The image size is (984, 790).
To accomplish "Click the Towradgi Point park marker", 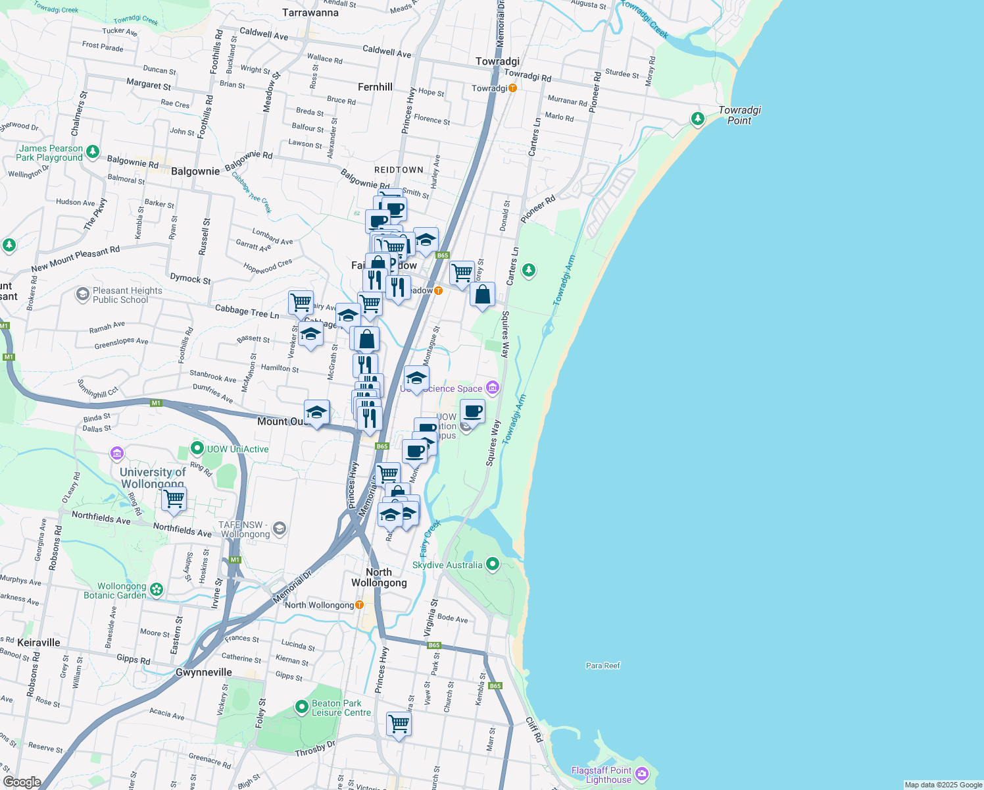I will point(697,118).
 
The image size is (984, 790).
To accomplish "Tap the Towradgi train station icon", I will point(512,88).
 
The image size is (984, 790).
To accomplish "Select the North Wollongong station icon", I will point(359,604).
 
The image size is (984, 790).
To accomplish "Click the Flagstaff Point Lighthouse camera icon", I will point(643,774).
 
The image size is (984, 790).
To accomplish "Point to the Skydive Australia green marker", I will point(493,564).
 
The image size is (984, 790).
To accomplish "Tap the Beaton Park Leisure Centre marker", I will point(301,707).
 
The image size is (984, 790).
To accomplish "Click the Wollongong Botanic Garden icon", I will point(157,589).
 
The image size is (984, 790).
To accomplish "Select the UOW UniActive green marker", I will point(197,448).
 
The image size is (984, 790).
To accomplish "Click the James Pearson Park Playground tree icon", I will point(93,152).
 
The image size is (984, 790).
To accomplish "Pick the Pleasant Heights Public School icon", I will point(82,294).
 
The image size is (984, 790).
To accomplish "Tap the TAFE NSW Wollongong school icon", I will point(280,528).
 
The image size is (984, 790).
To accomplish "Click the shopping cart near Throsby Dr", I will point(399,724).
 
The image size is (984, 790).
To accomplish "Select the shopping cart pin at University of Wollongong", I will point(174,499).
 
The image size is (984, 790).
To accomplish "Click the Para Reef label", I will point(603,666).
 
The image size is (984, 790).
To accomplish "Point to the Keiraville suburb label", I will point(39,643).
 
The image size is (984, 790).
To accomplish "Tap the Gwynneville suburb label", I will point(204,672).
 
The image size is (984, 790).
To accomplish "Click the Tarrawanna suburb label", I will point(310,13).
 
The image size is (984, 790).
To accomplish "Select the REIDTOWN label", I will point(399,170).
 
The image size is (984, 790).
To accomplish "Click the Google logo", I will point(22,781).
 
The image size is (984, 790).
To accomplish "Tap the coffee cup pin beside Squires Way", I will point(472,412).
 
